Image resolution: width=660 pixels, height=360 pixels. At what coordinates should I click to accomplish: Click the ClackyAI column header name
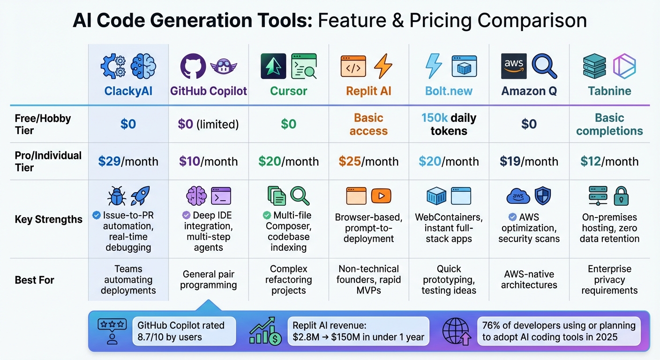(128, 91)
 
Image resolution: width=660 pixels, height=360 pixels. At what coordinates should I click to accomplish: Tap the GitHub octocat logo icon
(193, 66)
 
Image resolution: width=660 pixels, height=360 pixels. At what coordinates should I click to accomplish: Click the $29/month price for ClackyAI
(128, 162)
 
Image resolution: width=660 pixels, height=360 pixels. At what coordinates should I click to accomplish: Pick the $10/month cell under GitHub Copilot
(208, 162)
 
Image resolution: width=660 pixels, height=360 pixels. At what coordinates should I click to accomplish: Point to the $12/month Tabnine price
(609, 162)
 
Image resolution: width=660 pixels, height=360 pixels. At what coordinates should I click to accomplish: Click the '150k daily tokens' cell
(449, 124)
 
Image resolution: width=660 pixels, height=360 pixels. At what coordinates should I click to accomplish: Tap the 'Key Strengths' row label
(49, 219)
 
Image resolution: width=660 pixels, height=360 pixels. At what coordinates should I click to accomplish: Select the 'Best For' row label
(35, 280)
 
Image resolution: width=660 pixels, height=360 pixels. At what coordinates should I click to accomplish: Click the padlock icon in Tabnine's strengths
(621, 196)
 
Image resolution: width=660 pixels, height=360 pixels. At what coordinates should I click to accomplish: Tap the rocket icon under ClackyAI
(140, 196)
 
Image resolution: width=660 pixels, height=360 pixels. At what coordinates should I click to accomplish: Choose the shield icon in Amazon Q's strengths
(543, 196)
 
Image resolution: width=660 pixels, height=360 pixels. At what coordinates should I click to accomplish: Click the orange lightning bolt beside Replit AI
(383, 66)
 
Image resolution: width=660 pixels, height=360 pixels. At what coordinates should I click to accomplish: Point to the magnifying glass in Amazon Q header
(544, 66)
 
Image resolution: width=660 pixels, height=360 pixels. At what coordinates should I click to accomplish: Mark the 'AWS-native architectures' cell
(529, 280)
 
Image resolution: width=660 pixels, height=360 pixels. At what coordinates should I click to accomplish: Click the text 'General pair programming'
(208, 280)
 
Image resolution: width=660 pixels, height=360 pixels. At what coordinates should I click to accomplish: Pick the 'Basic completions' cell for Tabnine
(609, 124)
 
